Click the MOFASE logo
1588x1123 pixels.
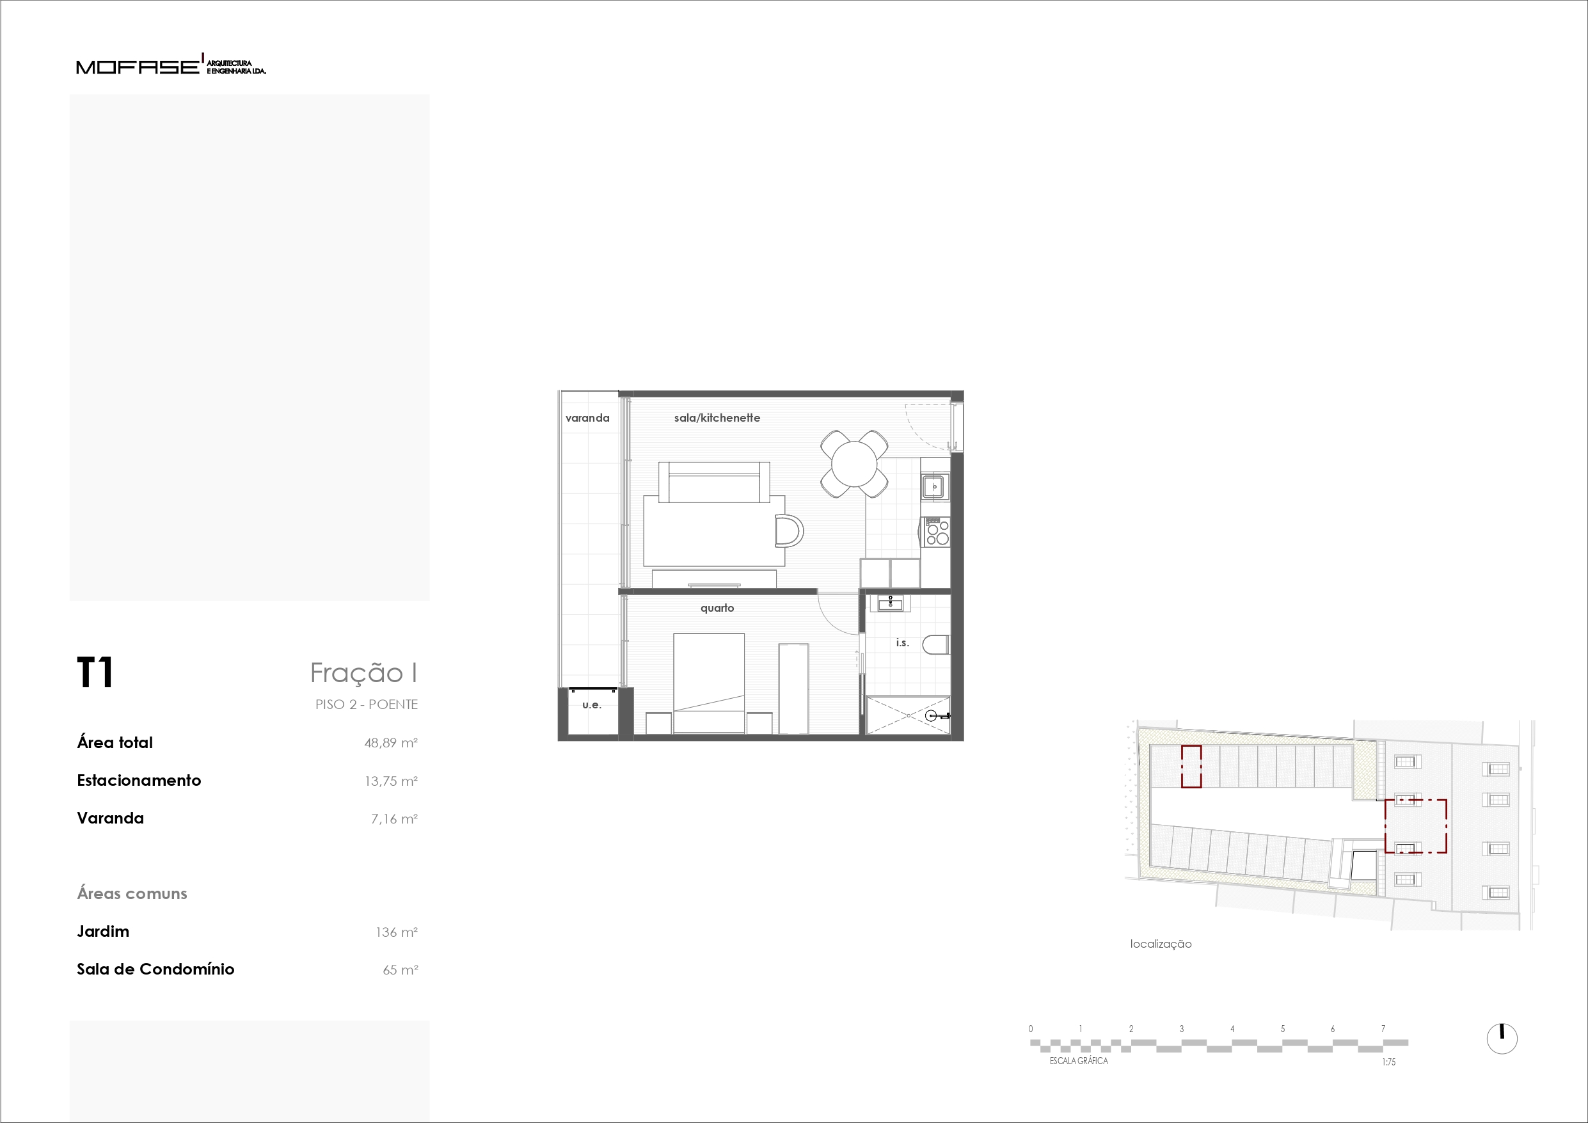coord(171,65)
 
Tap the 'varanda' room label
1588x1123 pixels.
coord(587,418)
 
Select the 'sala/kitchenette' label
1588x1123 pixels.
coord(717,418)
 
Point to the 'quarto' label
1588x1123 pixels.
coord(717,607)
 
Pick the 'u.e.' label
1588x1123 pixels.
coord(591,705)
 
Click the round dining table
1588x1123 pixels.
coord(854,463)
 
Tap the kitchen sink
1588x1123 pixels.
coord(934,486)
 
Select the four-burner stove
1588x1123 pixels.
coord(937,531)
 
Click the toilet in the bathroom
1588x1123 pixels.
coord(936,644)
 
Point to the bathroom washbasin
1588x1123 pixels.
coord(890,603)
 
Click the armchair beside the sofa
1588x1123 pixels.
coord(789,531)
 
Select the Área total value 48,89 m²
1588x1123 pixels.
coord(391,743)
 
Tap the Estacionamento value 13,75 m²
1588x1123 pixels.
coord(391,781)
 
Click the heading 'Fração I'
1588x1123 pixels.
coord(363,673)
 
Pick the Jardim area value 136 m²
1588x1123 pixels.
coord(396,932)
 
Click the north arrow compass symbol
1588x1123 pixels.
coord(1502,1038)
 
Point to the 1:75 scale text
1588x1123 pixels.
coord(1389,1062)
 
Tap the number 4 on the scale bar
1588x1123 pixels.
coord(1232,1029)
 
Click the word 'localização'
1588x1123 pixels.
coord(1161,944)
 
